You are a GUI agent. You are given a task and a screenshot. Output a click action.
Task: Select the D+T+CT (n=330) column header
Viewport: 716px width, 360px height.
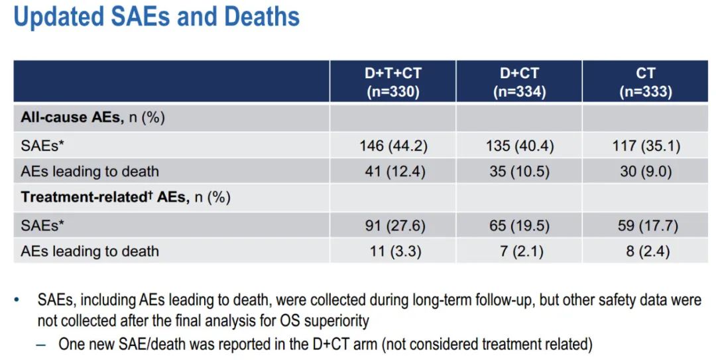coord(392,82)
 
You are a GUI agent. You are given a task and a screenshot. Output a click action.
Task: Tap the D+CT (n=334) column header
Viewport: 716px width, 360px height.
coord(518,82)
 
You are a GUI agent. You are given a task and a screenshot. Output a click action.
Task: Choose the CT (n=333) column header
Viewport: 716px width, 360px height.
coord(645,82)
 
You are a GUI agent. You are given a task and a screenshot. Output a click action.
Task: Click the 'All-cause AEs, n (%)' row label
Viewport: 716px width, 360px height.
coord(93,118)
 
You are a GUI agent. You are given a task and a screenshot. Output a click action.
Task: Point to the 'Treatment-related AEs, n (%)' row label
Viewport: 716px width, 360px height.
coord(125,198)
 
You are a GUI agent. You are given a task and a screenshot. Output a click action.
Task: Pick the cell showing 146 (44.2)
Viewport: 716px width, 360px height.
coord(392,145)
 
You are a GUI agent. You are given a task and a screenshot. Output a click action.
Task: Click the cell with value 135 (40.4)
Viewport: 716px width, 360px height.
coord(518,145)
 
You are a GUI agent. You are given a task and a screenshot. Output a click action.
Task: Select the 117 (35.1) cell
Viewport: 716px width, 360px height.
coord(645,145)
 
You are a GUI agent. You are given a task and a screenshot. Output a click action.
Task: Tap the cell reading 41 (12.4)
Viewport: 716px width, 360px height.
coord(392,172)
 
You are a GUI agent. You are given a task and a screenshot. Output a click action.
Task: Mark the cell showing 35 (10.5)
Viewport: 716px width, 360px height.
coord(518,172)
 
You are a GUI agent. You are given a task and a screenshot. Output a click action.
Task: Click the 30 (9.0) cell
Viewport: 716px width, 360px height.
coord(645,172)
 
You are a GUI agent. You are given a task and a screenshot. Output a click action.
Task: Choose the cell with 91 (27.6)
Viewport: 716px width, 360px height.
coord(392,225)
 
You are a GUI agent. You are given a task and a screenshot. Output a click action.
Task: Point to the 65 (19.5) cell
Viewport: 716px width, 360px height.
coord(518,225)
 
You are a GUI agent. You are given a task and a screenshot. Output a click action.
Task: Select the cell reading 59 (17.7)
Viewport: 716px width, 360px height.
coord(645,225)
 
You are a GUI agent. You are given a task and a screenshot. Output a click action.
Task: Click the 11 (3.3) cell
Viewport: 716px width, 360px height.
coord(392,251)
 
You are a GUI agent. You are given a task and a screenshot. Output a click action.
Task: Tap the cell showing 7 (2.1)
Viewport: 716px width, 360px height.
coord(518,251)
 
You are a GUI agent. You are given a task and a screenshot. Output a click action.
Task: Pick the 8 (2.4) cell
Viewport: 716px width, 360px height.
coord(645,251)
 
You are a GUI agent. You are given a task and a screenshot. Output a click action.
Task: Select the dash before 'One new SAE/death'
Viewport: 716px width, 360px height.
coord(42,344)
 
